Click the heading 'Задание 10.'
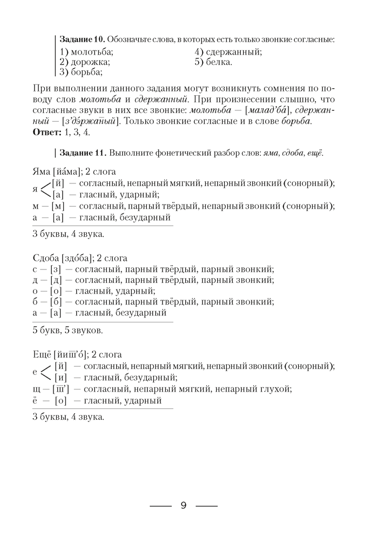83,40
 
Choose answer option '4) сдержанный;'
228,52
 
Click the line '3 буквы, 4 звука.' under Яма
68,234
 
